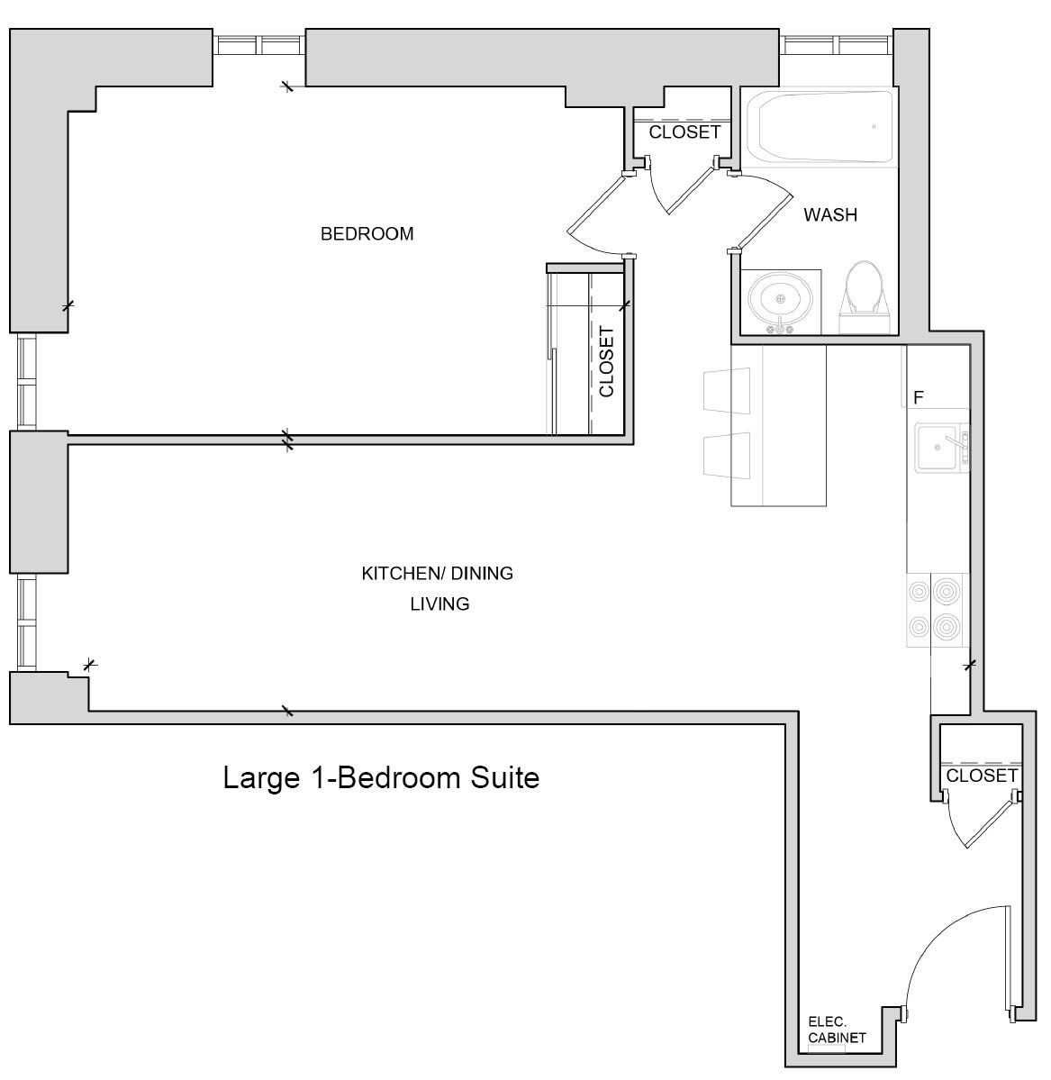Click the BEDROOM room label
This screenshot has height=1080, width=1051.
[367, 234]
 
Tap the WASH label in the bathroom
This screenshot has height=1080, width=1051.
[830, 215]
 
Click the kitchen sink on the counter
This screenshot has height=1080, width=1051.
[938, 448]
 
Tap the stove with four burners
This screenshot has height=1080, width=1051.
[935, 609]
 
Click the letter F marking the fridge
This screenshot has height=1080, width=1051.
[919, 397]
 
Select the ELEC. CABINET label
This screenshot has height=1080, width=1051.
[837, 1030]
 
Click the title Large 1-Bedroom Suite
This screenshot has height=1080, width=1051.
[381, 777]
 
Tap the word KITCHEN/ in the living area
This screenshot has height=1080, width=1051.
[393, 574]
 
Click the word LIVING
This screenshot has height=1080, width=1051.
[440, 604]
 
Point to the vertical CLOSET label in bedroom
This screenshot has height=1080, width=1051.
[606, 361]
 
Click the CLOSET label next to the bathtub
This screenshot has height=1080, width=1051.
[684, 132]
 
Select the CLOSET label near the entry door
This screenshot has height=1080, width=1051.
[982, 776]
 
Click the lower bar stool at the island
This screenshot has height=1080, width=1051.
[727, 454]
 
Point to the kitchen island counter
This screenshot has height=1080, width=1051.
[780, 425]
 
